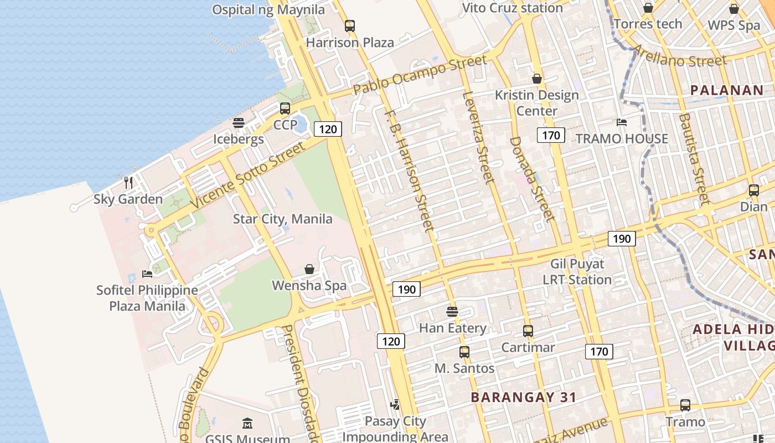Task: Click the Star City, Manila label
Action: (x=282, y=219)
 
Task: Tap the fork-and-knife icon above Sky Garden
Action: (x=128, y=182)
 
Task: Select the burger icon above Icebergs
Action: (x=239, y=122)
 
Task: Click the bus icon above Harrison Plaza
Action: (x=349, y=25)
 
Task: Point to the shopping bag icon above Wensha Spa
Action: (x=309, y=269)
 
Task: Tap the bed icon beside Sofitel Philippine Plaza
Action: (x=147, y=274)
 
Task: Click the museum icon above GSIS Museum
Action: (x=247, y=424)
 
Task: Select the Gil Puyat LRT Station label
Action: (x=577, y=272)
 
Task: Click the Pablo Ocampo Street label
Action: (x=420, y=75)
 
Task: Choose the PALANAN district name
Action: (x=726, y=90)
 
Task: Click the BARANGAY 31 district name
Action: (x=523, y=397)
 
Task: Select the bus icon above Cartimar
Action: (x=528, y=331)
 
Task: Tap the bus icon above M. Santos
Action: (x=464, y=352)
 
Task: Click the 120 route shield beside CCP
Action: (x=328, y=129)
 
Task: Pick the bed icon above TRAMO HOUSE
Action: (x=622, y=122)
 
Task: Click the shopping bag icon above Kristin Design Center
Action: (x=536, y=79)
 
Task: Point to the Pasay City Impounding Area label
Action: (x=395, y=429)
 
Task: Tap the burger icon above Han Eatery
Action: (x=452, y=311)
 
